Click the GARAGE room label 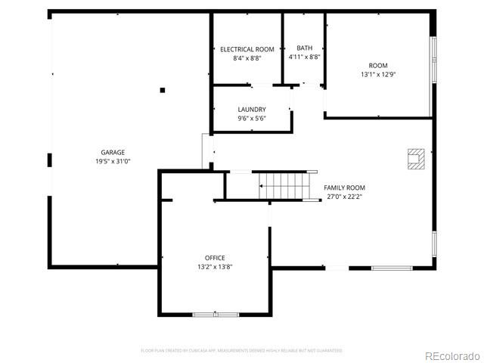pyautogui.click(x=113, y=152)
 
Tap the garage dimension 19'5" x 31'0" pyautogui.click(x=113, y=161)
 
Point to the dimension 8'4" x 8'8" pyautogui.click(x=247, y=57)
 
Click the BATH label pyautogui.click(x=304, y=47)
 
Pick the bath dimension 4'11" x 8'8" pyautogui.click(x=304, y=56)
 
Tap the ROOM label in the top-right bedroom pyautogui.click(x=378, y=65)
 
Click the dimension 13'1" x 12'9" pyautogui.click(x=378, y=74)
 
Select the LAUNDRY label pyautogui.click(x=252, y=110)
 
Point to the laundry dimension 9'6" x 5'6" pyautogui.click(x=252, y=119)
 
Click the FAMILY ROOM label pyautogui.click(x=344, y=188)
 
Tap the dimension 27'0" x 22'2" pyautogui.click(x=344, y=197)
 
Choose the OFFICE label pyautogui.click(x=215, y=258)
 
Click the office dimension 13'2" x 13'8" pyautogui.click(x=215, y=267)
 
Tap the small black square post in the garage pyautogui.click(x=162, y=90)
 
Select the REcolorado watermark pyautogui.click(x=451, y=355)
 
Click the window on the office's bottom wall pyautogui.click(x=215, y=314)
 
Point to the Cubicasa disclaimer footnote pyautogui.click(x=242, y=351)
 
